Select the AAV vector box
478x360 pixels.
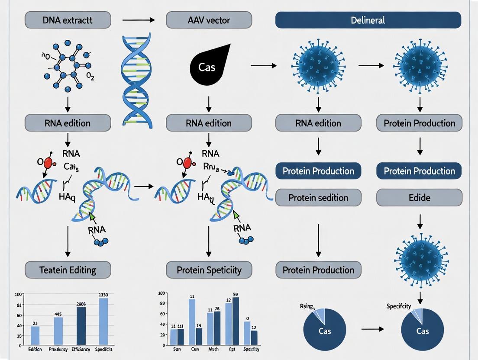pos(210,20)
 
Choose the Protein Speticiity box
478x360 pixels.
pos(210,270)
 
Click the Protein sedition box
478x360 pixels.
pos(318,198)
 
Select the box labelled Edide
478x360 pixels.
pos(419,198)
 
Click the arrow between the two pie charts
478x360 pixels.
pos(372,329)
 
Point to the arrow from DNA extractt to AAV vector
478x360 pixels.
pos(138,20)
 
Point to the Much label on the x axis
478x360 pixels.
pos(213,349)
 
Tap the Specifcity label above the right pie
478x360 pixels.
pos(398,306)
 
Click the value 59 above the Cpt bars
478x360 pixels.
pos(236,294)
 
